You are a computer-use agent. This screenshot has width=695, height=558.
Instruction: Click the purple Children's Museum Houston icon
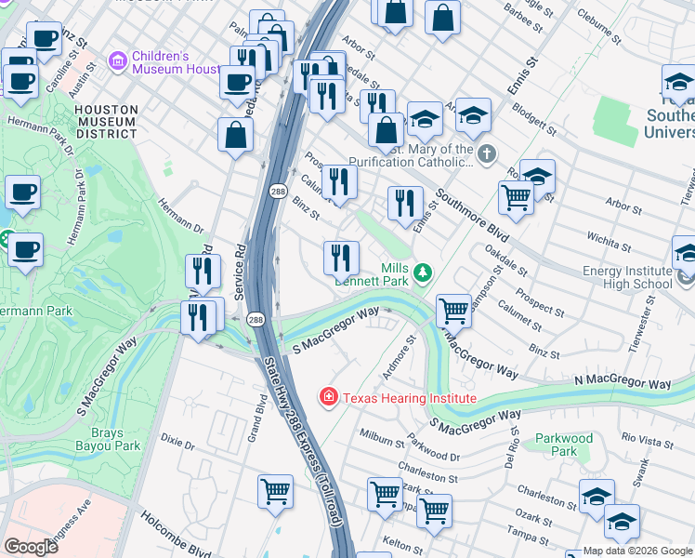[118, 62]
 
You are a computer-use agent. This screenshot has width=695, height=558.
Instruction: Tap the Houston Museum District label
[106, 122]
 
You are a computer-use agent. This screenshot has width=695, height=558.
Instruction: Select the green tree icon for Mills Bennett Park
[423, 272]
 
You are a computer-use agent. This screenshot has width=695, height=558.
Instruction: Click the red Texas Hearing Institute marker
[328, 398]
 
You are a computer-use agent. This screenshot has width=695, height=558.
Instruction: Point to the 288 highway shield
[256, 319]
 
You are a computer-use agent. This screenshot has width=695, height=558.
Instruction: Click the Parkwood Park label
[563, 445]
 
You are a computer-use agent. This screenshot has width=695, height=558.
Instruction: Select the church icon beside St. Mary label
[486, 153]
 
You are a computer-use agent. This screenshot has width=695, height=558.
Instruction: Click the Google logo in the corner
[32, 546]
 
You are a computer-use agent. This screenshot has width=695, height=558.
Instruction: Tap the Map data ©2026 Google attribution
[637, 551]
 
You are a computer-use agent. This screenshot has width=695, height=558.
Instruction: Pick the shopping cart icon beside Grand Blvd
[276, 490]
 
